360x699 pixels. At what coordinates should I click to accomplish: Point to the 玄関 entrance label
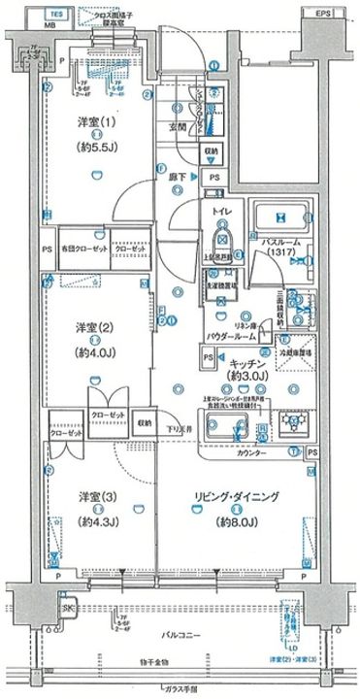point(180,126)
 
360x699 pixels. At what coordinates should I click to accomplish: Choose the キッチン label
point(249,361)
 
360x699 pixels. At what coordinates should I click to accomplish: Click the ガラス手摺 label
point(180,690)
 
